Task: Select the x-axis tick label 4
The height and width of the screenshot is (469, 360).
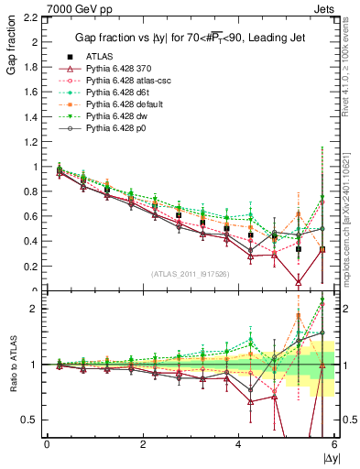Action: tap(239, 444)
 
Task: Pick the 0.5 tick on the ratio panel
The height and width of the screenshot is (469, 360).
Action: tap(31, 420)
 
